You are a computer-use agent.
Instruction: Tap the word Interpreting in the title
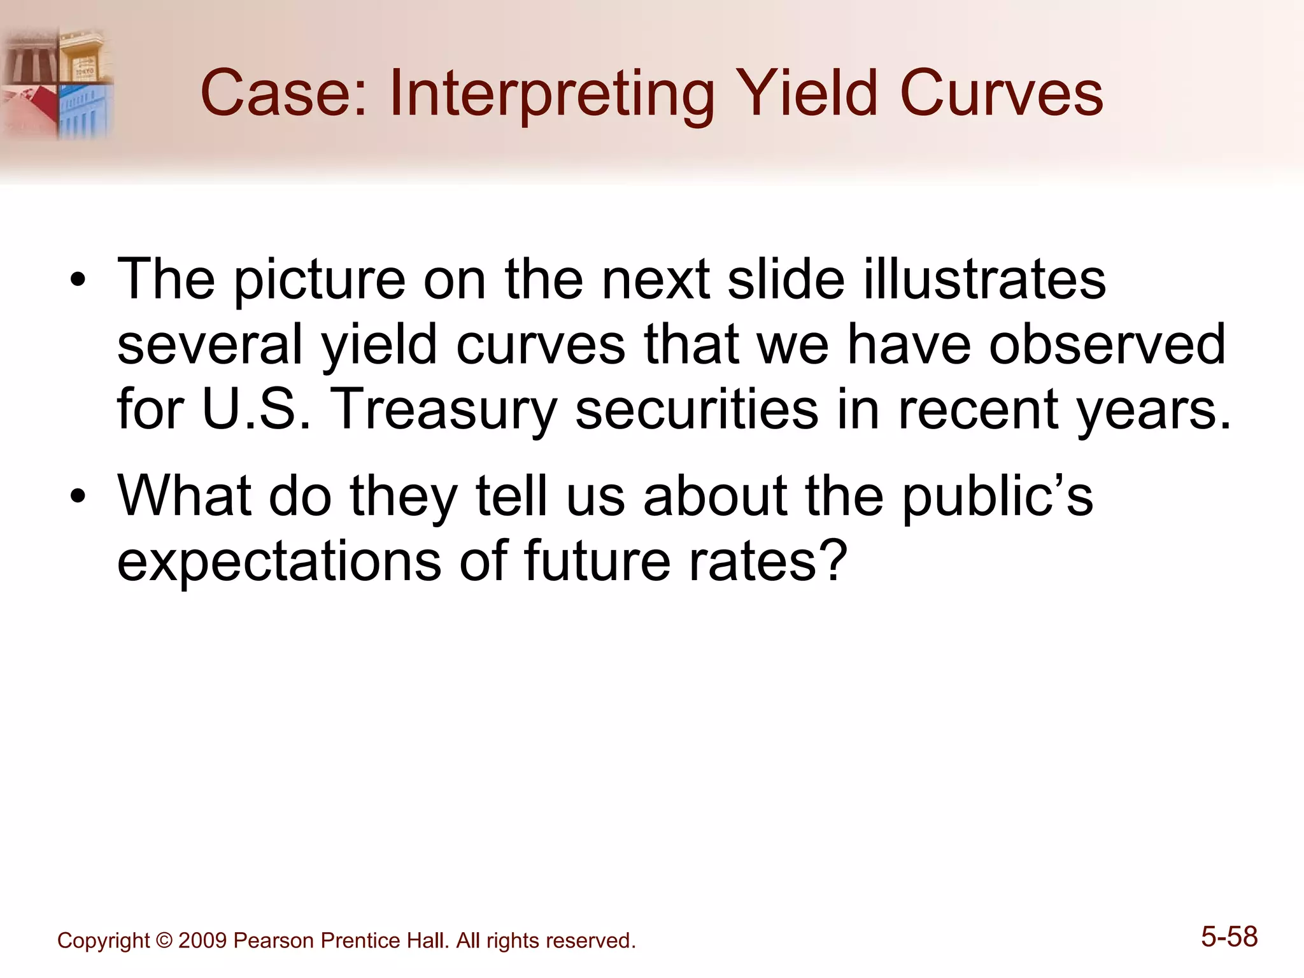[x=551, y=96]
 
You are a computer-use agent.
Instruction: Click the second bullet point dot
[x=78, y=497]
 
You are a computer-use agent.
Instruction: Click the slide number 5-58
[x=1229, y=937]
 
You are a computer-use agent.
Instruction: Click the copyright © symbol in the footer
[x=164, y=940]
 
